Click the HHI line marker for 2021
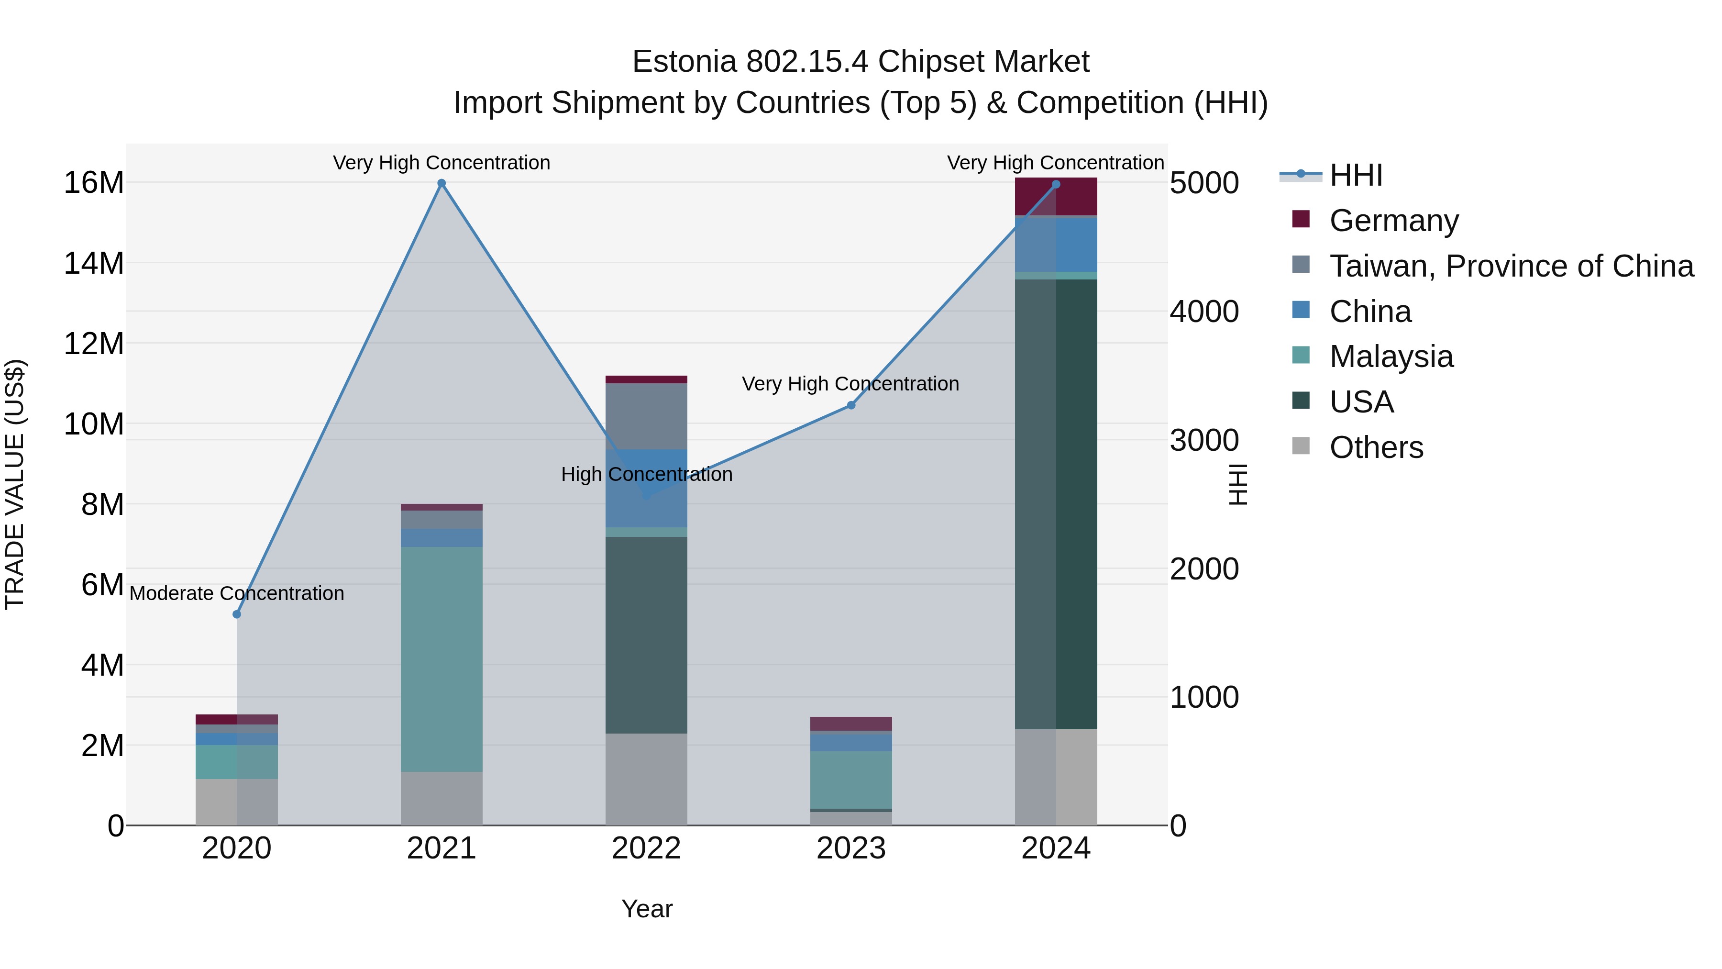point(441,183)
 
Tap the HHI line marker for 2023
point(851,405)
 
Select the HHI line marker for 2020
point(237,614)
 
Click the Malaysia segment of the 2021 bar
point(441,659)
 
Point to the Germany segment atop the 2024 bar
point(1056,197)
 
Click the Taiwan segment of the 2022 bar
point(646,416)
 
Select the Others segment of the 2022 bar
point(646,779)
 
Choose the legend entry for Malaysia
point(1391,356)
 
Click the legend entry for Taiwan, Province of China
point(1511,266)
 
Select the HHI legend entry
point(1356,175)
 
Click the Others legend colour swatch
point(1301,446)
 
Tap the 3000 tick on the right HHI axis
point(1204,440)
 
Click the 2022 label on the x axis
point(646,848)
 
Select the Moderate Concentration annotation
point(237,593)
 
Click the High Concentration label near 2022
point(646,474)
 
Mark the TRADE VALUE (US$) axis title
point(15,484)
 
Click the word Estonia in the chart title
point(684,62)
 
